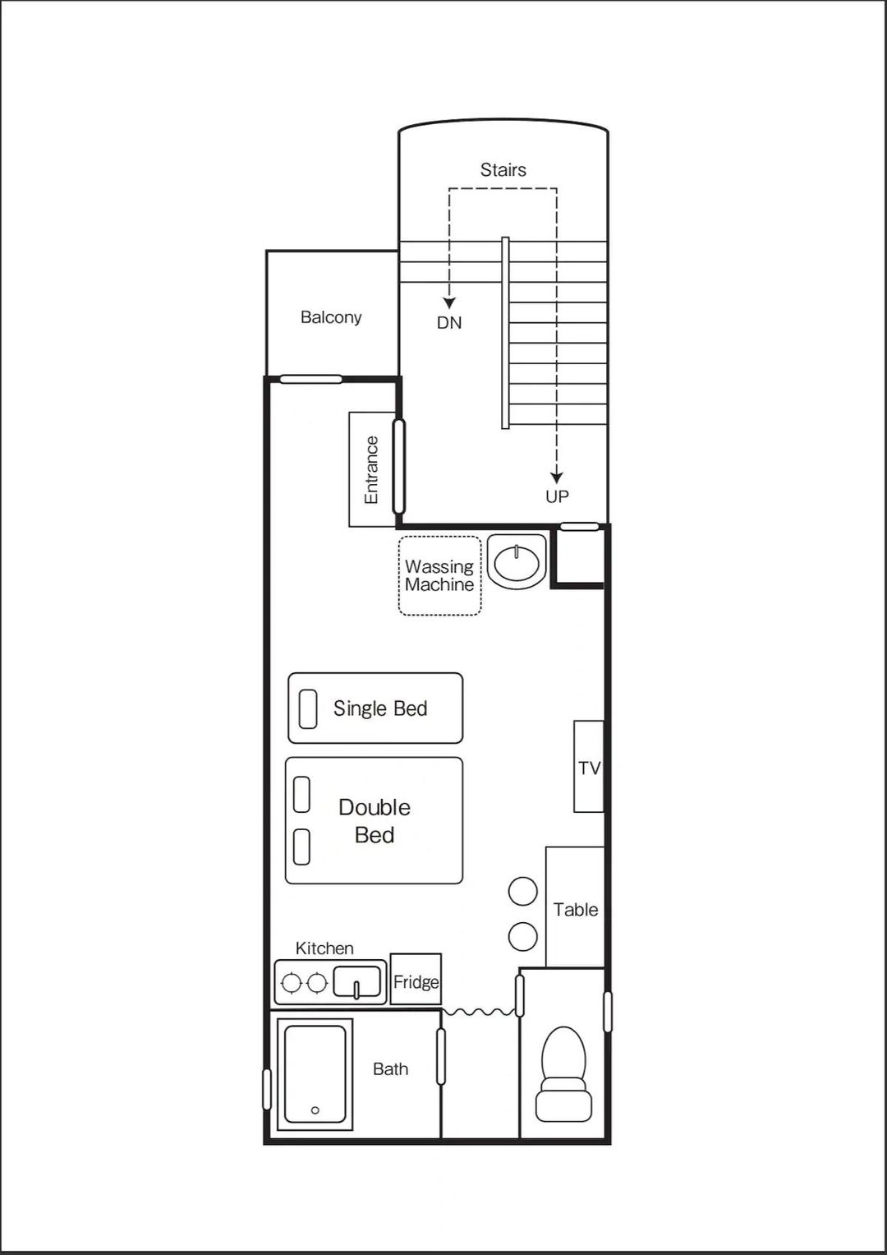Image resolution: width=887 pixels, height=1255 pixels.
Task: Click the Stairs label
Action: pyautogui.click(x=503, y=170)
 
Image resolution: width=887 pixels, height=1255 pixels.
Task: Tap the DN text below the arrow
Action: pyautogui.click(x=449, y=323)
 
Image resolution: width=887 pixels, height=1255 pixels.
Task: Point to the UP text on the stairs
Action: pyautogui.click(x=557, y=496)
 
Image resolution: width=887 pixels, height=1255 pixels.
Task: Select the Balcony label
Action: pyautogui.click(x=331, y=318)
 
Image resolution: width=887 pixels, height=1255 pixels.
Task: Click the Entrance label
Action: pyautogui.click(x=371, y=469)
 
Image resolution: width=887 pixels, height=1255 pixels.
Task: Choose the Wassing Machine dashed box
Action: pyautogui.click(x=439, y=576)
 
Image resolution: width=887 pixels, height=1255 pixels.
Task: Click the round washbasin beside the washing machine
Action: pyautogui.click(x=516, y=561)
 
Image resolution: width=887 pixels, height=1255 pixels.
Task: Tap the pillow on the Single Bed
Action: pyautogui.click(x=308, y=708)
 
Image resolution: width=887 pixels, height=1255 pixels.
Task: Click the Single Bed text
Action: pyautogui.click(x=380, y=708)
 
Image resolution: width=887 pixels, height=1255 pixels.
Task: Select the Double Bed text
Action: pyautogui.click(x=374, y=821)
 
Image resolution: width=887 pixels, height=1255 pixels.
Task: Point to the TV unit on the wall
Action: pyautogui.click(x=589, y=767)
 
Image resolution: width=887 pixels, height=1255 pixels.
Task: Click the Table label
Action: pyautogui.click(x=576, y=909)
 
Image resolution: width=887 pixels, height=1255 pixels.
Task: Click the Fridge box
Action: pyautogui.click(x=416, y=979)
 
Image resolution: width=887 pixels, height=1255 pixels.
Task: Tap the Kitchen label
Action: pyautogui.click(x=324, y=948)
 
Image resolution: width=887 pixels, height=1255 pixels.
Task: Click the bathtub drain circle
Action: pyautogui.click(x=315, y=1110)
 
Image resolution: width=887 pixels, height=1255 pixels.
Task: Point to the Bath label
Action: pyautogui.click(x=390, y=1069)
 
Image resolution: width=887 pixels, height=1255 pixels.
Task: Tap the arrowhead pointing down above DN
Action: pyautogui.click(x=449, y=303)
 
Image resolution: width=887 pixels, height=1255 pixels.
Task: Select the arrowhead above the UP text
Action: pyautogui.click(x=556, y=478)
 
